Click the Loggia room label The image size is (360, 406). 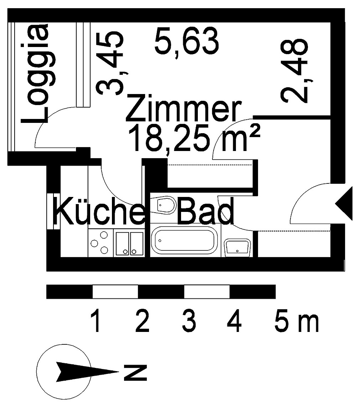[35, 74]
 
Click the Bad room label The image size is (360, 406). [206, 211]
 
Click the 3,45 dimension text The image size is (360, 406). [110, 63]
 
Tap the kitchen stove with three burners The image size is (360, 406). [101, 243]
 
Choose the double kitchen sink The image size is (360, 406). [129, 243]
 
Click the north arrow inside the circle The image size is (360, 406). [87, 372]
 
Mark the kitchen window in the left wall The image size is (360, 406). [54, 211]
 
